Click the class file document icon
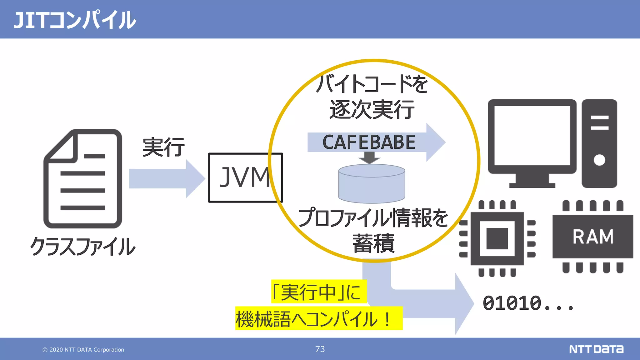click(83, 179)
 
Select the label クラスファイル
click(83, 247)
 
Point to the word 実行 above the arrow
click(163, 147)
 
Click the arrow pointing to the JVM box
click(166, 178)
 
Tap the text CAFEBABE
click(369, 142)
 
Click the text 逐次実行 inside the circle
click(372, 110)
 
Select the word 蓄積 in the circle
click(373, 243)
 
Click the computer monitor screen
click(532, 135)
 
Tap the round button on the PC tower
click(599, 160)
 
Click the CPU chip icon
click(497, 238)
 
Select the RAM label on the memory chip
click(593, 237)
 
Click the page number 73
click(320, 349)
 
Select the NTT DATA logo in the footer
click(596, 349)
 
